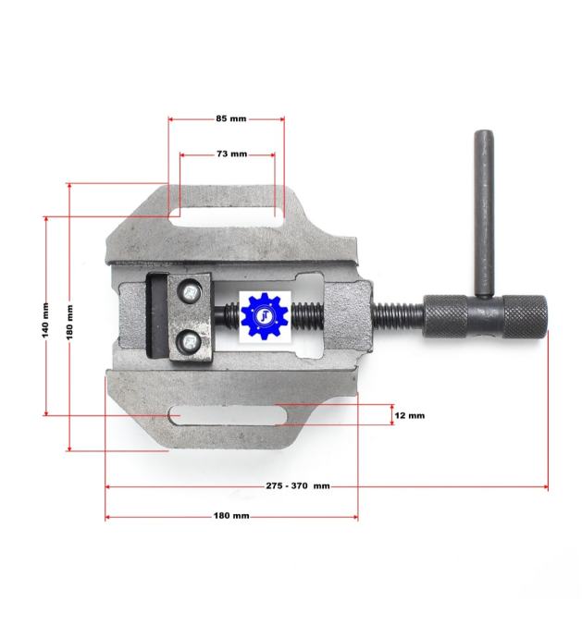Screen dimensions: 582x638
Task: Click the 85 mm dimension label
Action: [231, 118]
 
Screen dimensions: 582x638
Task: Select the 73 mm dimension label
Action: [231, 153]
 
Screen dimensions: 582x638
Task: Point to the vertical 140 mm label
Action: [45, 320]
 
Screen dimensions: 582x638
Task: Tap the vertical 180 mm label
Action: [69, 323]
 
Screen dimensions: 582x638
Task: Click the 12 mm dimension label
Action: [409, 415]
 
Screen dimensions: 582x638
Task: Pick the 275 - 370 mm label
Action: [298, 485]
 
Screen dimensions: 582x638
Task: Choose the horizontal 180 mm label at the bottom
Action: [231, 516]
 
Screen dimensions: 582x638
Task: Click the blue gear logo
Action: [265, 316]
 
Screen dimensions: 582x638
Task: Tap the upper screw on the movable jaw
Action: [190, 292]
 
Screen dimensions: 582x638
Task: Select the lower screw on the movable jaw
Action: [190, 340]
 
